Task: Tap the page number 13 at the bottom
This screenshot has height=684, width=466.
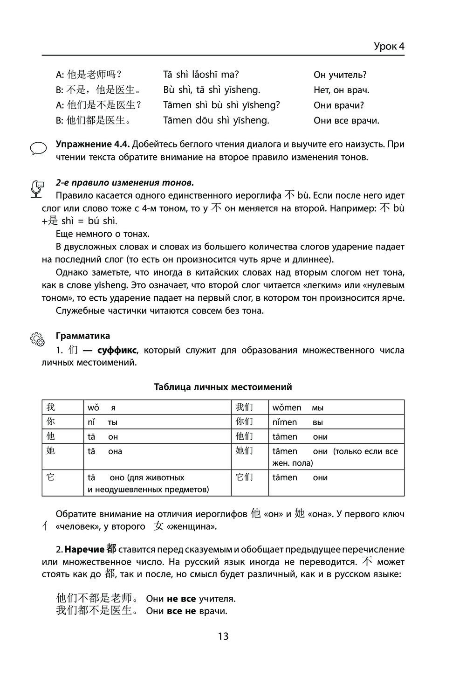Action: point(223,636)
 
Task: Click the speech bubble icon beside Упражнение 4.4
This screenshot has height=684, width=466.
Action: point(38,148)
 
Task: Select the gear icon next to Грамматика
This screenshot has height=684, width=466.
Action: point(37,339)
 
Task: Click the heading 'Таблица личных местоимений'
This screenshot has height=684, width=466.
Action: point(223,387)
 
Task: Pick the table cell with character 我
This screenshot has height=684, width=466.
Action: point(62,407)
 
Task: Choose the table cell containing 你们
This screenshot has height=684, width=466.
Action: point(250,421)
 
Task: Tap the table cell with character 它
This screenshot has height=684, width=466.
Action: point(62,483)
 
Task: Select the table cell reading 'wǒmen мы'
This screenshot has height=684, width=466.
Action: point(336,407)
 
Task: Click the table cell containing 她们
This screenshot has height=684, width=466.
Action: point(250,456)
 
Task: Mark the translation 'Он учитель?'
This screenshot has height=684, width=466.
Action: point(340,75)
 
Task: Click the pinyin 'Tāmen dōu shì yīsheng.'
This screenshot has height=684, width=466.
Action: point(216,120)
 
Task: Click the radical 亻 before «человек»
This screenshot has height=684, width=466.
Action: point(45,527)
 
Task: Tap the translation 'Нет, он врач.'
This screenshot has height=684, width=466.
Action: point(341,90)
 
